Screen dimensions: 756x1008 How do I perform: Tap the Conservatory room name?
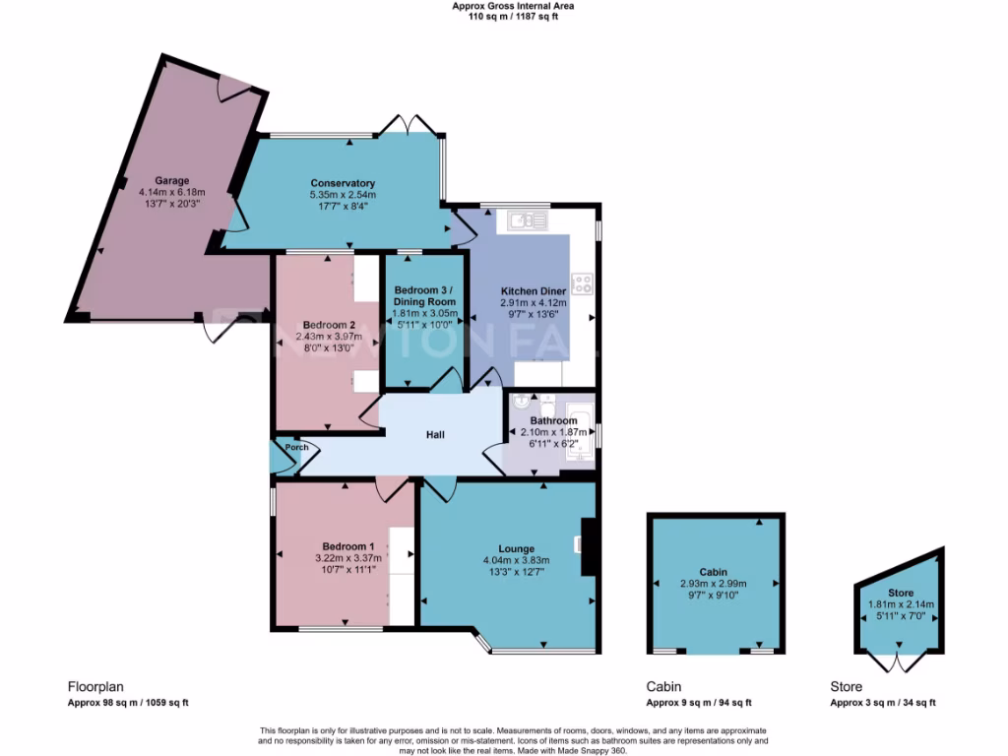[x=343, y=183]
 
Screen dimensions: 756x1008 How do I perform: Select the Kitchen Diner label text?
[x=533, y=292]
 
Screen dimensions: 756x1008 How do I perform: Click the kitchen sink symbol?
[x=527, y=221]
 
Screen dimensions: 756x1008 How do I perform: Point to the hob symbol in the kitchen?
[x=582, y=283]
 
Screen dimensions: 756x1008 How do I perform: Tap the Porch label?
[x=296, y=448]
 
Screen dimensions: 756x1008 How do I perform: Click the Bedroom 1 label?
[x=347, y=546]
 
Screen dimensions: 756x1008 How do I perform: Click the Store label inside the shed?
[x=900, y=593]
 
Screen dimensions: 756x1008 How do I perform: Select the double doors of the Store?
[x=899, y=661]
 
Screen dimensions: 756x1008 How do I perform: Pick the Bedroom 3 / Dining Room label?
[x=422, y=295]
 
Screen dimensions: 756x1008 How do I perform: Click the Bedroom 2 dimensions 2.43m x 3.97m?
[x=329, y=337]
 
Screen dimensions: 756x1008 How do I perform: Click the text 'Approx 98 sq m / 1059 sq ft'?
[x=128, y=703]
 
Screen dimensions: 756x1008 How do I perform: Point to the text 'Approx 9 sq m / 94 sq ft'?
[x=699, y=703]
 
